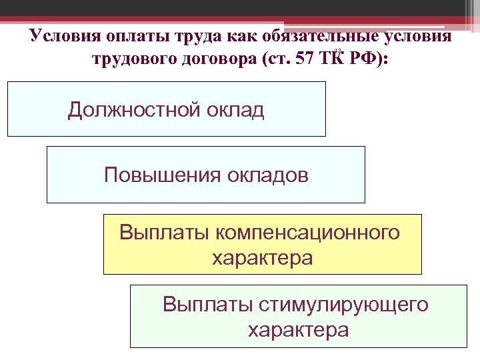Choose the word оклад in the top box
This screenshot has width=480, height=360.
pos(234,109)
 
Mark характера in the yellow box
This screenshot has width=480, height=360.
pos(262,257)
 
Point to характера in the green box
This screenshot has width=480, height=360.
pos(297,329)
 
